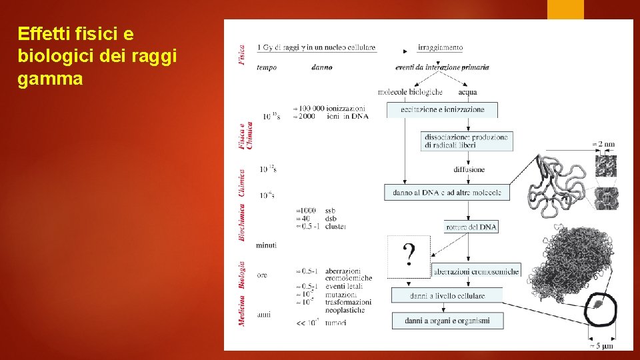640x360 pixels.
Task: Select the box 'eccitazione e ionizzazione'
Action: pos(443,109)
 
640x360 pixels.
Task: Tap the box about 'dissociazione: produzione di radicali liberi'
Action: pos(467,141)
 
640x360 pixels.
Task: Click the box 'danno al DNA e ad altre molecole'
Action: pos(447,193)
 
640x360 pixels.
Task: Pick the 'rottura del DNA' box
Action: pos(471,227)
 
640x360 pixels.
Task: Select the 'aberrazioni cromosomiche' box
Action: pos(476,271)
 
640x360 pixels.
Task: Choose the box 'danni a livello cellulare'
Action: pos(447,295)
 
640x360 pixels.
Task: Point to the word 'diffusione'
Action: pos(469,170)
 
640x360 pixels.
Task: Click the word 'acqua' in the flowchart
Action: pos(467,92)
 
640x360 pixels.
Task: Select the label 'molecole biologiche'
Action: pos(410,92)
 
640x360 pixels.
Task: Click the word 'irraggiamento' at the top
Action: pos(440,47)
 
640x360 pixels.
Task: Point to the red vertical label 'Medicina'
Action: pos(242,310)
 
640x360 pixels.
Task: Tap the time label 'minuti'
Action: pos(266,245)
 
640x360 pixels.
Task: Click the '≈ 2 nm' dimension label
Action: pos(603,144)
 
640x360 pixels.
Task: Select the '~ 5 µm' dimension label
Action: pos(602,346)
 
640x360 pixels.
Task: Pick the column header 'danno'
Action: pos(321,67)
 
